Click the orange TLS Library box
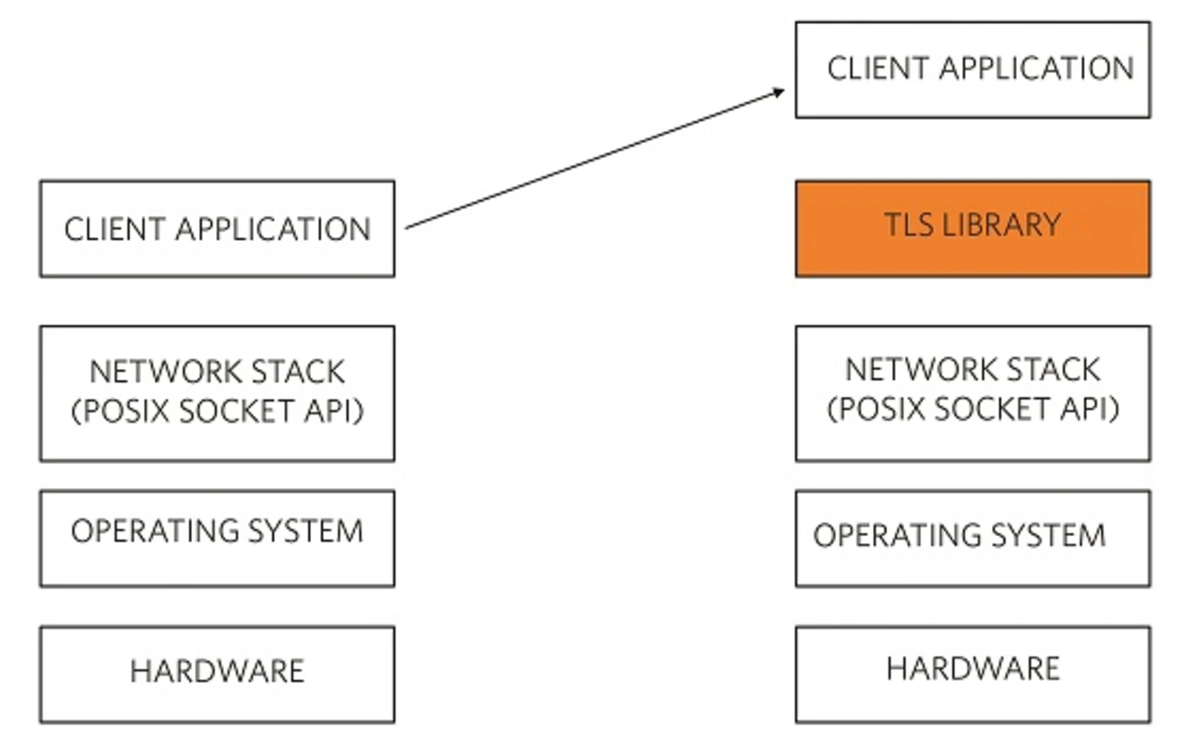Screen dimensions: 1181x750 (x=972, y=229)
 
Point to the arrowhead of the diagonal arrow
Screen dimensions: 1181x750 (x=780, y=92)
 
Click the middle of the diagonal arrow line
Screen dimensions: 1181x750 (x=595, y=160)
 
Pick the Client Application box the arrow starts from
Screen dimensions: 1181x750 (x=217, y=229)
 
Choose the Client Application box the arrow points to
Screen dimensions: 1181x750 (x=972, y=69)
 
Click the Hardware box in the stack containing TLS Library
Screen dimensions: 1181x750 (x=972, y=674)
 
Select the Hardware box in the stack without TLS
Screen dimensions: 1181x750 (x=217, y=674)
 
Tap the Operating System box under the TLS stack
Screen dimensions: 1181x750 (x=972, y=538)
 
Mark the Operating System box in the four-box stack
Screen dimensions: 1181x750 (x=217, y=538)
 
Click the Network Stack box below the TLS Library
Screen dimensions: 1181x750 (x=972, y=393)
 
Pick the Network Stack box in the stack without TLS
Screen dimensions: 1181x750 (x=217, y=393)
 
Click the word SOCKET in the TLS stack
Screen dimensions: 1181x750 (x=988, y=409)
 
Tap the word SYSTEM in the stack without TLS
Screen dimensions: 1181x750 (x=305, y=530)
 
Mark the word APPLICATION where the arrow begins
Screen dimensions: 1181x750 (x=273, y=230)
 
